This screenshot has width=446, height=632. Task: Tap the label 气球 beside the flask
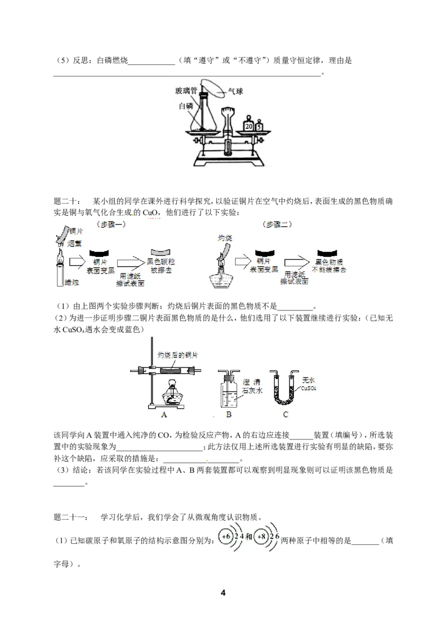tap(235, 92)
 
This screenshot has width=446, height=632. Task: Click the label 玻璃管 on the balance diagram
tap(186, 90)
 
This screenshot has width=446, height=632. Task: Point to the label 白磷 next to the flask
tap(186, 106)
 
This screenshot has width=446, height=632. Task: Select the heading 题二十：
tap(67, 201)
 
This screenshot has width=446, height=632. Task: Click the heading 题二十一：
tap(71, 517)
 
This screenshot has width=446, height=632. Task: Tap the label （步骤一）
tap(111, 224)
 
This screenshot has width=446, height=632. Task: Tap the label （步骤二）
tap(277, 224)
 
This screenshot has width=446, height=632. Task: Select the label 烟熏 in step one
tap(75, 243)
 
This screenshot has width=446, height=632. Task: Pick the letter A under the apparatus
tap(164, 414)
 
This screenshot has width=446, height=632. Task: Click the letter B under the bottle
tap(229, 414)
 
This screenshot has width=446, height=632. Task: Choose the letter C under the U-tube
tap(285, 414)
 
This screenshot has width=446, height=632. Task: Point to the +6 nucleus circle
tap(226, 537)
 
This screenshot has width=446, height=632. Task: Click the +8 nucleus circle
tap(261, 537)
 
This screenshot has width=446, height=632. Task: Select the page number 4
tap(223, 592)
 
